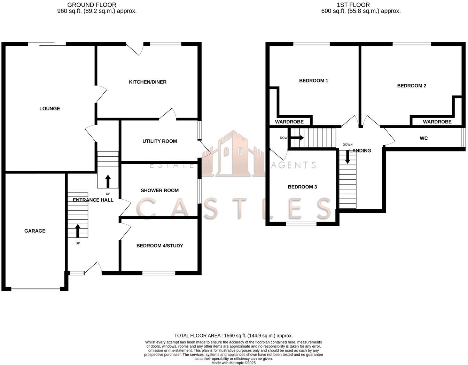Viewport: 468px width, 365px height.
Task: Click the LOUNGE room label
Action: pyautogui.click(x=49, y=109)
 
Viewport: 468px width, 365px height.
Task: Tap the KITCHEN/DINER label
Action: pyautogui.click(x=148, y=82)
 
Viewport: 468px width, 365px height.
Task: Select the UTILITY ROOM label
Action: pyautogui.click(x=159, y=141)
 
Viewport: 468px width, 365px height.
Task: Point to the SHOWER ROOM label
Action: pyautogui.click(x=159, y=191)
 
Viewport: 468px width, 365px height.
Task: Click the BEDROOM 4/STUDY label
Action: pyautogui.click(x=159, y=246)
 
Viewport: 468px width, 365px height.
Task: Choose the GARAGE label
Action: pyautogui.click(x=35, y=231)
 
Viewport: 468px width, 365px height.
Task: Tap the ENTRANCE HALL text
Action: pyautogui.click(x=93, y=200)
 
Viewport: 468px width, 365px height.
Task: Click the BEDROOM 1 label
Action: pyautogui.click(x=313, y=81)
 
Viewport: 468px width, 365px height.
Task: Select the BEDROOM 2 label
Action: pyautogui.click(x=412, y=86)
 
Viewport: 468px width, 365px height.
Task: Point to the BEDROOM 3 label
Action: pyautogui.click(x=302, y=187)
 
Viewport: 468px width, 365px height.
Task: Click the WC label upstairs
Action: pyautogui.click(x=423, y=139)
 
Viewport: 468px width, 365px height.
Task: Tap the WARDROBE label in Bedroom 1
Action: pyautogui.click(x=289, y=122)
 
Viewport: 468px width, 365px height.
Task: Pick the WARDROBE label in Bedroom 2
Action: pyautogui.click(x=437, y=122)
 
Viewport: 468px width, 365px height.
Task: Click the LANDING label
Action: pyautogui.click(x=360, y=151)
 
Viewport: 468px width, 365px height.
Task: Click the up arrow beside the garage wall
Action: pyautogui.click(x=78, y=231)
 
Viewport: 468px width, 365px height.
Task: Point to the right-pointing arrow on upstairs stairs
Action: pyautogui.click(x=297, y=138)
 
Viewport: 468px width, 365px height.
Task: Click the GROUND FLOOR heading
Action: pyautogui.click(x=92, y=5)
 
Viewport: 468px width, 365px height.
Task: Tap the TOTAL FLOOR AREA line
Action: pyautogui.click(x=233, y=336)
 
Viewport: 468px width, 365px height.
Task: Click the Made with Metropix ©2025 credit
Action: pyautogui.click(x=233, y=363)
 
